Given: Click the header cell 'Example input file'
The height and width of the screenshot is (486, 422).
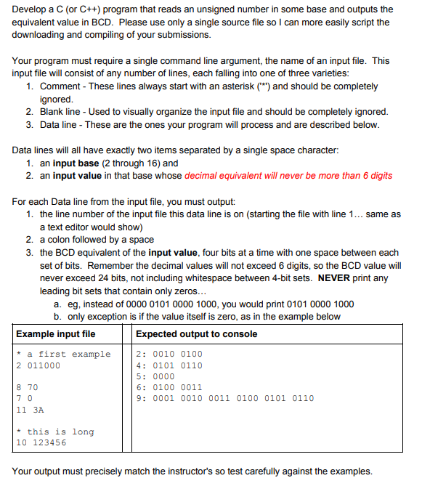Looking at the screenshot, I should [56, 334].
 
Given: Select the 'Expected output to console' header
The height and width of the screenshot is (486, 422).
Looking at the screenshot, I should [196, 334].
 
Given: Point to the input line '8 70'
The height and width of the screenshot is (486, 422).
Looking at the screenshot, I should [27, 387].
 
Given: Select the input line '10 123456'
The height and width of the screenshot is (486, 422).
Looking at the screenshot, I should [41, 442].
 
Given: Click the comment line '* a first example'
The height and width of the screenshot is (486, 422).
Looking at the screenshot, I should [63, 355].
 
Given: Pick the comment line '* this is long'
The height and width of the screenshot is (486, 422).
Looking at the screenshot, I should [55, 432].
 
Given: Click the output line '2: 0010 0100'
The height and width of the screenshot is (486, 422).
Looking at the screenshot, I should [169, 355].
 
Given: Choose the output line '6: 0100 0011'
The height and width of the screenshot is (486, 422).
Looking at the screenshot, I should [169, 387].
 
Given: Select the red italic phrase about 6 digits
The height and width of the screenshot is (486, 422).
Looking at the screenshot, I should [288, 175].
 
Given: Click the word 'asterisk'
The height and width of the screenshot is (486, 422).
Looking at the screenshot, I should [222, 86].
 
